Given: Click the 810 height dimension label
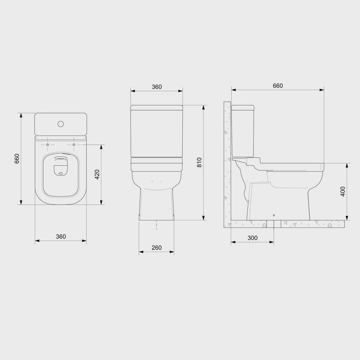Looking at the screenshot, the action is click(x=199, y=162).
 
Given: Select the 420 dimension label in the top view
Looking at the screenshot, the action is click(x=97, y=175).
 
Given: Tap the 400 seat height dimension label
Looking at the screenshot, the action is click(x=343, y=191).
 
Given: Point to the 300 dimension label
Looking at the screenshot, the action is click(x=253, y=238).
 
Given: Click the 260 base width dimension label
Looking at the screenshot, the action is click(x=157, y=248).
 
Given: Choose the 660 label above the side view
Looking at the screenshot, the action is click(x=278, y=86).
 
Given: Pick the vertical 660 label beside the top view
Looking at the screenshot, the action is click(x=17, y=159).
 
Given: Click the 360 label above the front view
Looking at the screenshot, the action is click(x=157, y=87).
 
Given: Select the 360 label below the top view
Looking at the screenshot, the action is click(x=61, y=237).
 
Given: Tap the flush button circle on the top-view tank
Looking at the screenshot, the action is click(x=60, y=124).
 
